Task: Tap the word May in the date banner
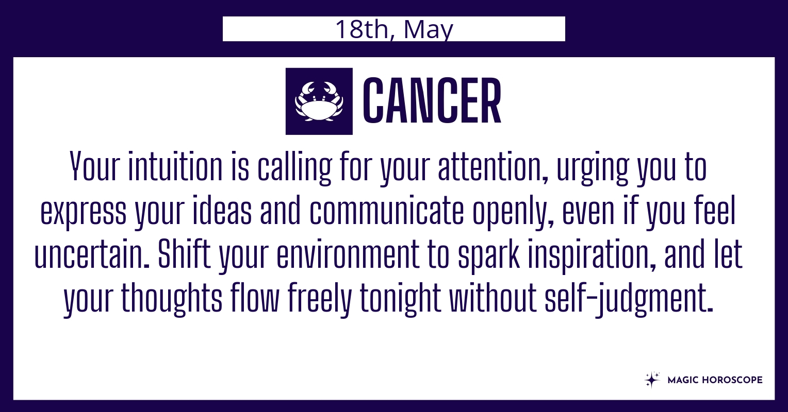point(429,30)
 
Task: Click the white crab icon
point(319,101)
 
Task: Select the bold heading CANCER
point(432,101)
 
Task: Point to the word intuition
point(175,166)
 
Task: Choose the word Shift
point(184,253)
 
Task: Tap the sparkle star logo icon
point(652,380)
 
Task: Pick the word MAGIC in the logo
point(680,380)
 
